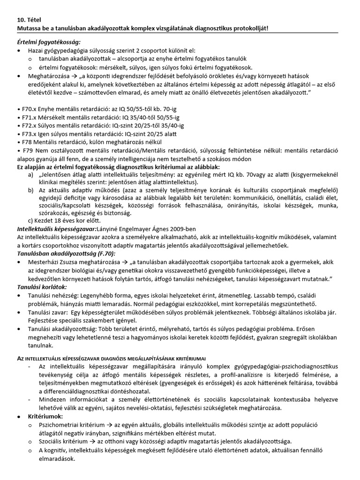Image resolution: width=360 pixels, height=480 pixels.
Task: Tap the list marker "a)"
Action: (31, 175)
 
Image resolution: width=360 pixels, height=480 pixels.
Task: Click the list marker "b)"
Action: (31, 192)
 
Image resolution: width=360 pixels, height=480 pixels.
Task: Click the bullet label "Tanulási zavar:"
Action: (50, 312)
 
